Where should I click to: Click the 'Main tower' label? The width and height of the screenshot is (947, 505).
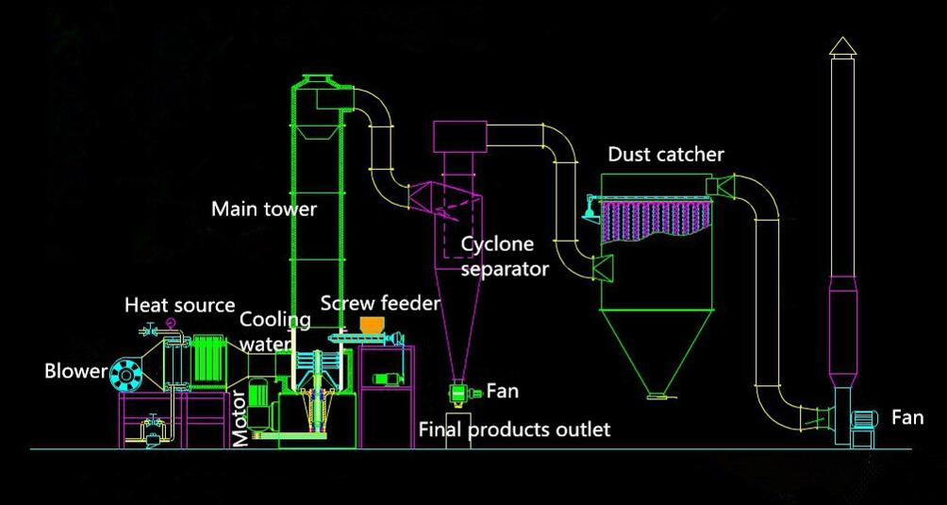263,209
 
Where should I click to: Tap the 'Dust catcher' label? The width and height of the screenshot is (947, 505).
666,154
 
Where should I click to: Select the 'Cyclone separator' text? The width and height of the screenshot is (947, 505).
504,256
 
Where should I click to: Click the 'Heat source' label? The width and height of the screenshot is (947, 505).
180,305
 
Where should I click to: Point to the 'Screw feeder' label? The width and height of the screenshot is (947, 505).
380,303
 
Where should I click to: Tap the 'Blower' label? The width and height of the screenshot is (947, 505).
75,371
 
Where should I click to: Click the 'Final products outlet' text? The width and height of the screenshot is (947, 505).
514,429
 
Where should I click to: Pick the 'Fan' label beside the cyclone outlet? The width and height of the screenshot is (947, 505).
501,391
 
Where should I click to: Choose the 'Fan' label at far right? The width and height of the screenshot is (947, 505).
906,417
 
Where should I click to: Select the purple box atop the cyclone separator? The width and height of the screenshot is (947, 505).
457,136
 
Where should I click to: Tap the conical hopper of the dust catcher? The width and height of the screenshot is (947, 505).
658,349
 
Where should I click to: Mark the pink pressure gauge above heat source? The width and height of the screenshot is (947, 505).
170,324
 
